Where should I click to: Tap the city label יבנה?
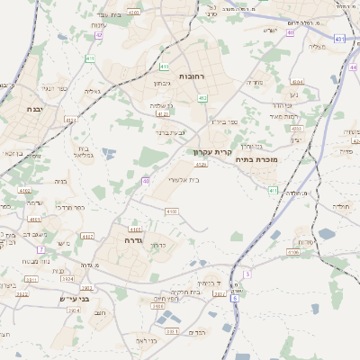[26, 107]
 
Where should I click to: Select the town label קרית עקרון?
[215, 152]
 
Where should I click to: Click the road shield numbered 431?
[338, 39]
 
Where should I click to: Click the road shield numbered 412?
[202, 98]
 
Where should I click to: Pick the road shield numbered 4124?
[137, 114]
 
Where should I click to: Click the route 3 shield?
[247, 272]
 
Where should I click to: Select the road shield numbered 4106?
[292, 252]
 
